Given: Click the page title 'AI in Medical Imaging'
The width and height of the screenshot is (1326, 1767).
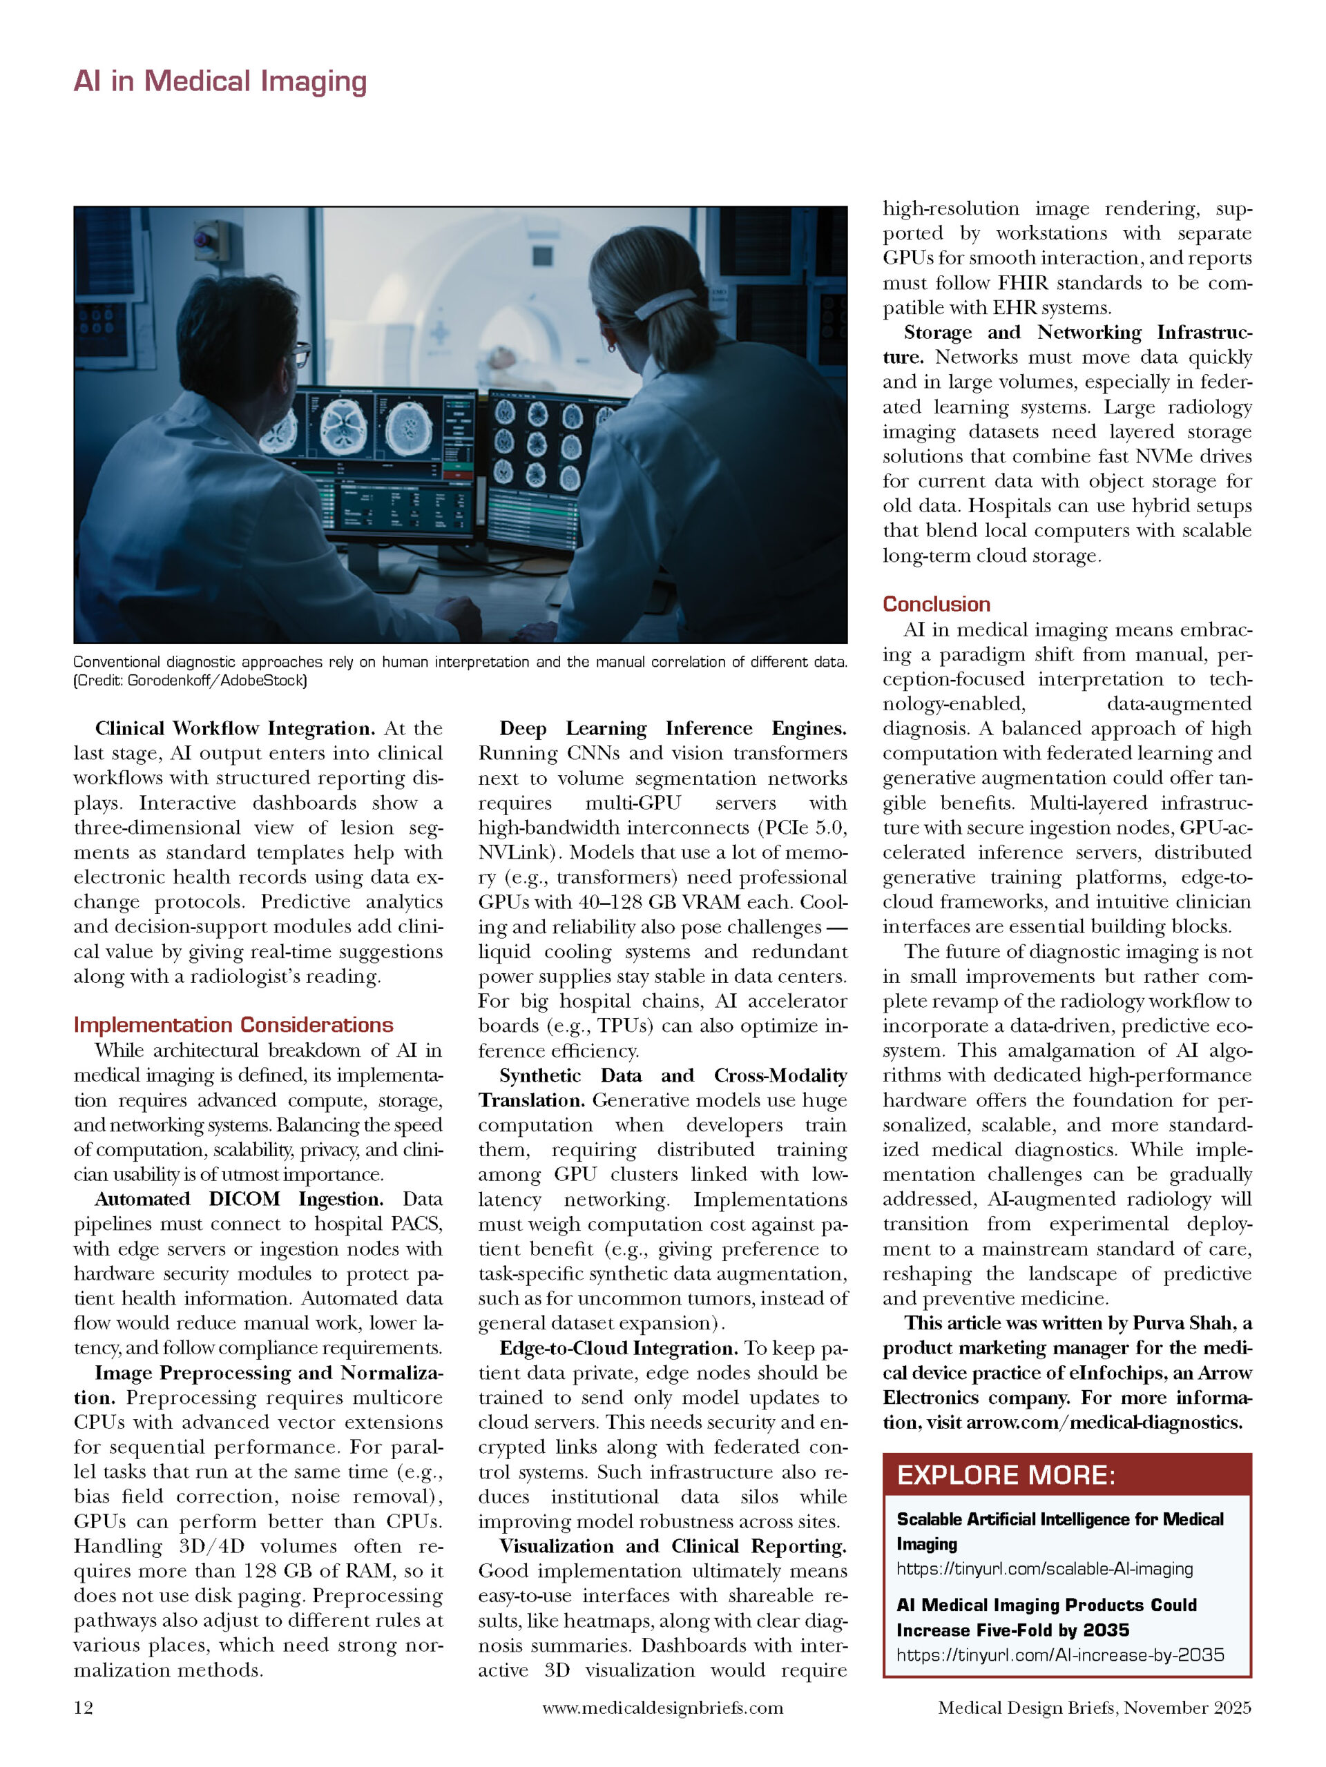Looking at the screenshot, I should pos(220,81).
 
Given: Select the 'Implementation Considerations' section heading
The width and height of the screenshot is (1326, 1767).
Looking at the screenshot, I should pos(233,1025).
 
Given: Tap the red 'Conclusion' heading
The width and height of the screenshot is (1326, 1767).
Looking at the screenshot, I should pos(936,604).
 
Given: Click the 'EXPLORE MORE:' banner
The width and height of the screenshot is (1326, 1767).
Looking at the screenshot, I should pos(1006,1474).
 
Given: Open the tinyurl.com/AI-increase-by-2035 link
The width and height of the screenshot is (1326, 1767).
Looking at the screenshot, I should pos(1060,1654).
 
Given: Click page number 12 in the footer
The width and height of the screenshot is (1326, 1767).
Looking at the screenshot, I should pos(83,1708).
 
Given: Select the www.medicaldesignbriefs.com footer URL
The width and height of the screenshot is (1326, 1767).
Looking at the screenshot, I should pos(662,1708).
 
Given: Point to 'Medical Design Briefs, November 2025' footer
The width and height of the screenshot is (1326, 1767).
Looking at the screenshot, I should pos(1094,1708).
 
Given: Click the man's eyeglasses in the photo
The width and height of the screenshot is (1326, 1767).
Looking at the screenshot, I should pos(300,353).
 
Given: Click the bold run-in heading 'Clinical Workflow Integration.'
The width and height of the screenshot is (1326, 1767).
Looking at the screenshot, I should pos(235,728).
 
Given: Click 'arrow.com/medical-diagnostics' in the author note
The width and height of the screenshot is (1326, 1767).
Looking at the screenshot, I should pos(1104,1423).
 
